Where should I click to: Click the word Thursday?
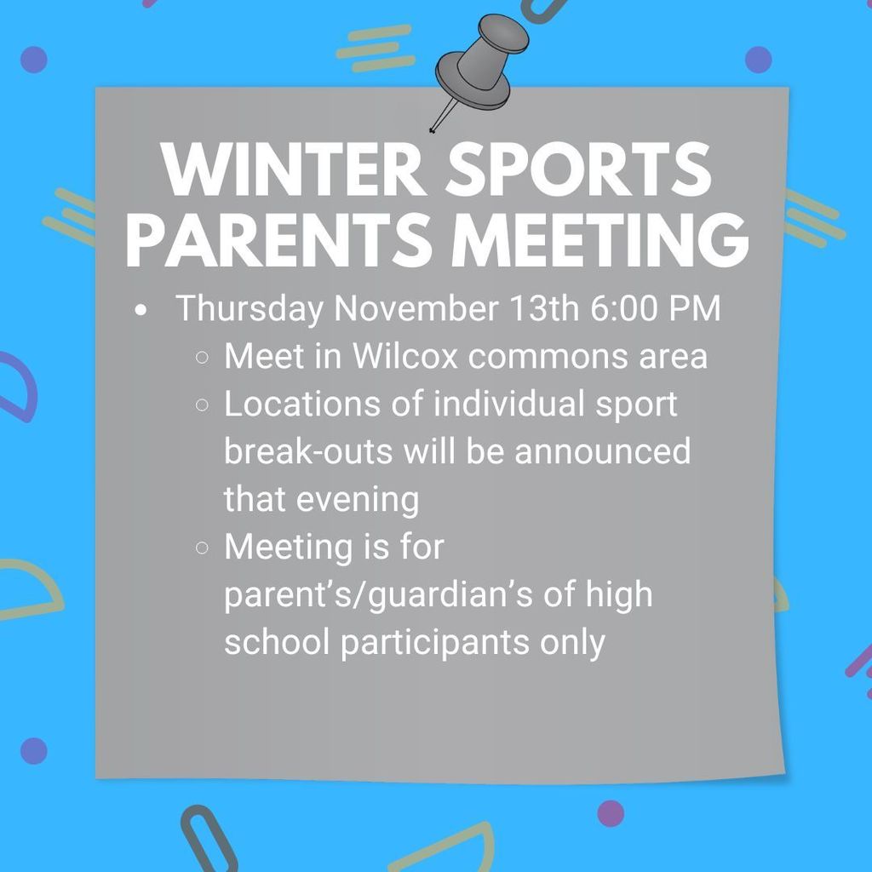click(x=250, y=309)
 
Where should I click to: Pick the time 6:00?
click(x=622, y=309)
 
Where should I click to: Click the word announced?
click(x=602, y=451)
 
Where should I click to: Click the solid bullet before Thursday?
click(x=141, y=310)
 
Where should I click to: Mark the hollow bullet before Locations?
click(x=203, y=405)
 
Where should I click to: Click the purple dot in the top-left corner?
click(x=33, y=60)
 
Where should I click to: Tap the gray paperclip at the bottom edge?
click(x=209, y=840)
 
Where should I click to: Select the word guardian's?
click(x=458, y=594)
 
